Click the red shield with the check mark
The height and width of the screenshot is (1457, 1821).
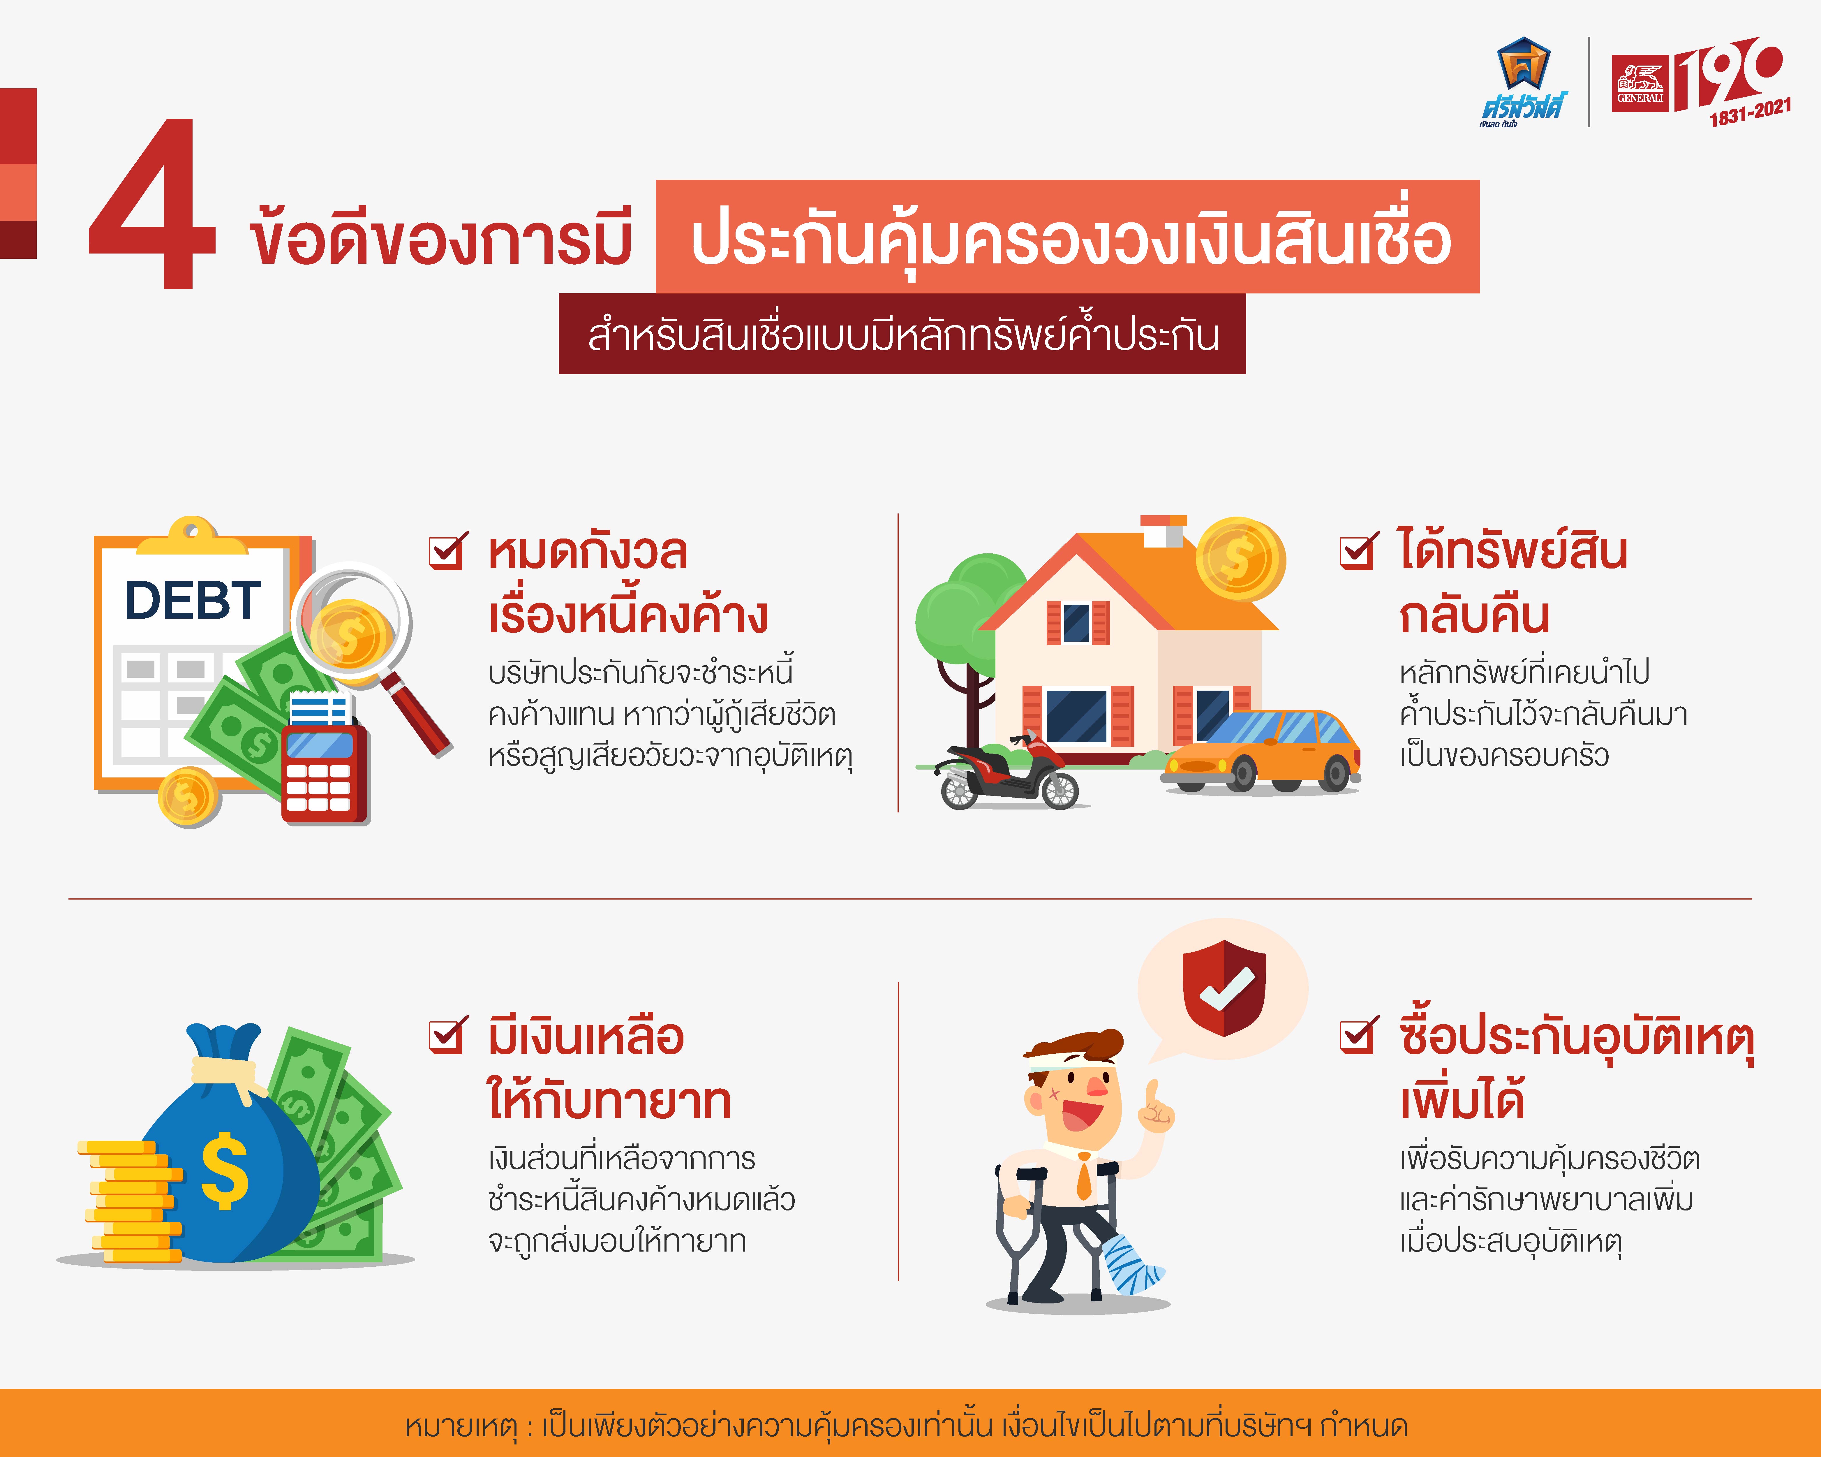(x=1224, y=987)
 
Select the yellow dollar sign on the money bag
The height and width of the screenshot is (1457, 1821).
(x=225, y=1170)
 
